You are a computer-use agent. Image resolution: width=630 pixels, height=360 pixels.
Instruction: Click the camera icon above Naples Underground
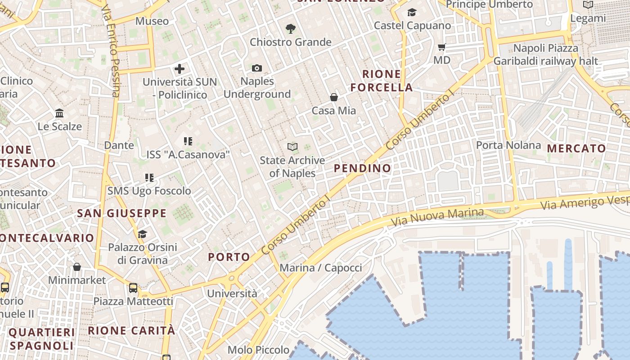[257, 68]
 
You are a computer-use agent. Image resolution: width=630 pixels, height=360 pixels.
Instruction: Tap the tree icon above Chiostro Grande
[291, 29]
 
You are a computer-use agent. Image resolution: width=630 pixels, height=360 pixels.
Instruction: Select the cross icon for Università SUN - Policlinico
[180, 69]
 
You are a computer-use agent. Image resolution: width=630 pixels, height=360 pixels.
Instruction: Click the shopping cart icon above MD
[442, 47]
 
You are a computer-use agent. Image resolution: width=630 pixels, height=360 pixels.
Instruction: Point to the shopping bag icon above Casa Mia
[334, 97]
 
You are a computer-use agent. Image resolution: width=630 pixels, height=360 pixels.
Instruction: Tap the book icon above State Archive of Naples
[292, 147]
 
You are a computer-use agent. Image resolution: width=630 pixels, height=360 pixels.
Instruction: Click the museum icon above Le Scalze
[59, 113]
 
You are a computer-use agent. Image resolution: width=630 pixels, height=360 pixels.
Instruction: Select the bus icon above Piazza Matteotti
[133, 288]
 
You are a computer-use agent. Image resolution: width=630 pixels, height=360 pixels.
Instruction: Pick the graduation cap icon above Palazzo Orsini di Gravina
[142, 234]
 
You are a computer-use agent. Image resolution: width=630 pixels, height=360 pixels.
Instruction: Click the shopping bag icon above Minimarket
[77, 267]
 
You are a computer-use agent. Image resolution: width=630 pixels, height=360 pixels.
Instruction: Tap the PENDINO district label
[363, 168]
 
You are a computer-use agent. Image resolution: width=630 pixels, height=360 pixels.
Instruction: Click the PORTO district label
[229, 257]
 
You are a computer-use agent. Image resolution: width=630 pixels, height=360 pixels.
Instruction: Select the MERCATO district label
[576, 148]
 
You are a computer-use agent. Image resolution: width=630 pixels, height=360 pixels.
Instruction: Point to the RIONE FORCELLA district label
[382, 81]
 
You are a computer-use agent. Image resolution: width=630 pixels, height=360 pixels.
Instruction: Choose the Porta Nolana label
[508, 145]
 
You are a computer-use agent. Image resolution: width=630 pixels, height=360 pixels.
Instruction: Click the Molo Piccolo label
[258, 350]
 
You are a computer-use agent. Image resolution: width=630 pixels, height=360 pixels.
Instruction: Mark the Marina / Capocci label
[321, 268]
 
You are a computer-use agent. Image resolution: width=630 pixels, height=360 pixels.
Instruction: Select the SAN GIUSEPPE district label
[121, 213]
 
